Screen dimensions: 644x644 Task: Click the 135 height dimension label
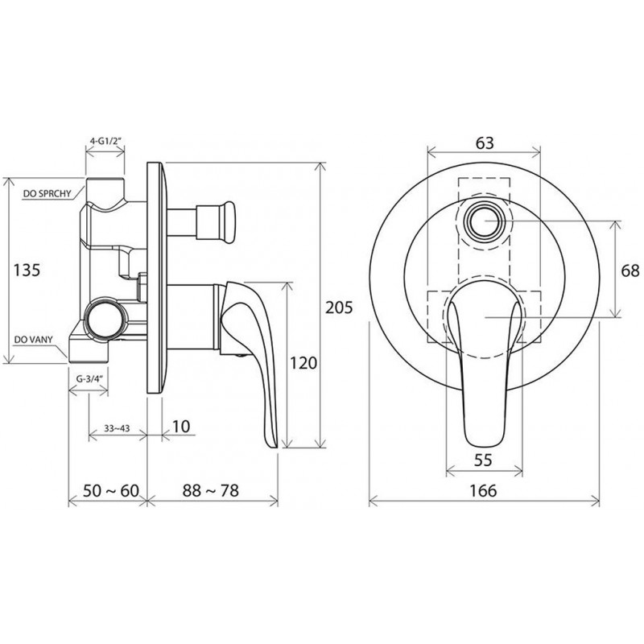[27, 270]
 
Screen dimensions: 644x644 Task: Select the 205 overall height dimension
[339, 308]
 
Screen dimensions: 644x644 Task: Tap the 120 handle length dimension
[304, 363]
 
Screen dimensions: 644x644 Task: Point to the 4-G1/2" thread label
[105, 140]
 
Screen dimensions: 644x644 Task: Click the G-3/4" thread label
[89, 378]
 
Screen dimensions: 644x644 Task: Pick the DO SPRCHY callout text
[47, 193]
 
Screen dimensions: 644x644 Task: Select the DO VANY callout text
[34, 340]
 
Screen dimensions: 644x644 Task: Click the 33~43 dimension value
[117, 428]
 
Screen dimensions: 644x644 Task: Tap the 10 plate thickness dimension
[180, 427]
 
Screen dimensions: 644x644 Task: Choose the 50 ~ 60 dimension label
[111, 490]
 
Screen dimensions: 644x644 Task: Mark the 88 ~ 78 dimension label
[210, 490]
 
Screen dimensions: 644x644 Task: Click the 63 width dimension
[485, 143]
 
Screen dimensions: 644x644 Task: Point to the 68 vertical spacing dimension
[630, 270]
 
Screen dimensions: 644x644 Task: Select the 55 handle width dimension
[483, 460]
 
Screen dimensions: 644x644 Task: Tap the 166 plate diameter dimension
[484, 490]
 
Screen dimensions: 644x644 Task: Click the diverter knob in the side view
[216, 222]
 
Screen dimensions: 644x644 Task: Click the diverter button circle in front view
[485, 221]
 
